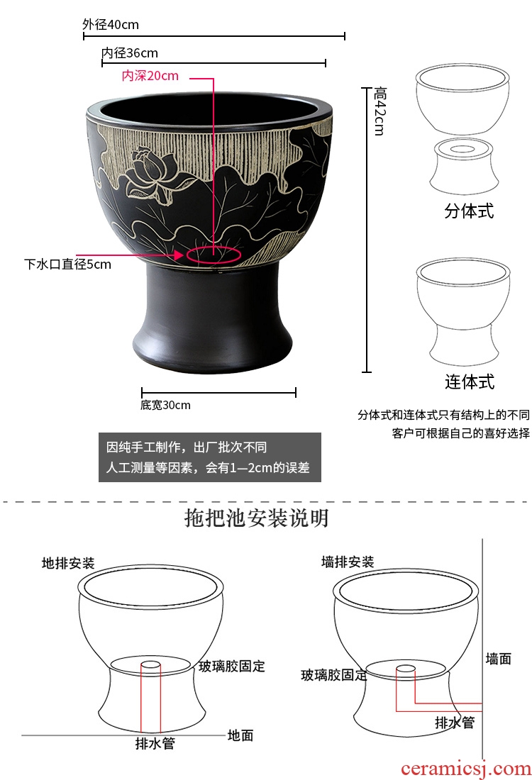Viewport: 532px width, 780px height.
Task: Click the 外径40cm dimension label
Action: (x=111, y=24)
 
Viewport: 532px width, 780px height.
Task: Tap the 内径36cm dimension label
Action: (x=129, y=52)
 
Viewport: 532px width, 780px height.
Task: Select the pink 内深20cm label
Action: (x=150, y=76)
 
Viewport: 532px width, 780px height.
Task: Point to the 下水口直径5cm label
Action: (x=67, y=264)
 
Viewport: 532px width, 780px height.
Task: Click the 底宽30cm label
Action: (x=165, y=405)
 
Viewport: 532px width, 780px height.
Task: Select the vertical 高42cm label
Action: (x=379, y=111)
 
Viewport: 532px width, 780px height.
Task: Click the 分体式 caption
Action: (x=469, y=211)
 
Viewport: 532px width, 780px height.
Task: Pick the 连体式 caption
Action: (x=470, y=381)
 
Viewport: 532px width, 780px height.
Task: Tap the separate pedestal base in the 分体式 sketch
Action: (x=463, y=167)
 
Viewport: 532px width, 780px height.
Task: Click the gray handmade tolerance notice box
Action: (x=209, y=457)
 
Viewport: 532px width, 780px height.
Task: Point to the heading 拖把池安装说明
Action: (x=256, y=518)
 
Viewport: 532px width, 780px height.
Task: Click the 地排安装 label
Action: (x=68, y=563)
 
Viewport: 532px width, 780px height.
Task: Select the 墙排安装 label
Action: (x=348, y=562)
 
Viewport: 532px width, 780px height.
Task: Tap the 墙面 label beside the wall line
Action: (x=499, y=659)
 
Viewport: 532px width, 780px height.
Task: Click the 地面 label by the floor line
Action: (x=240, y=735)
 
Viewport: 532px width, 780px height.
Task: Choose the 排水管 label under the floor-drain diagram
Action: (x=155, y=743)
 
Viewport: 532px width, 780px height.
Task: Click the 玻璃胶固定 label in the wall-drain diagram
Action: (x=334, y=675)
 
